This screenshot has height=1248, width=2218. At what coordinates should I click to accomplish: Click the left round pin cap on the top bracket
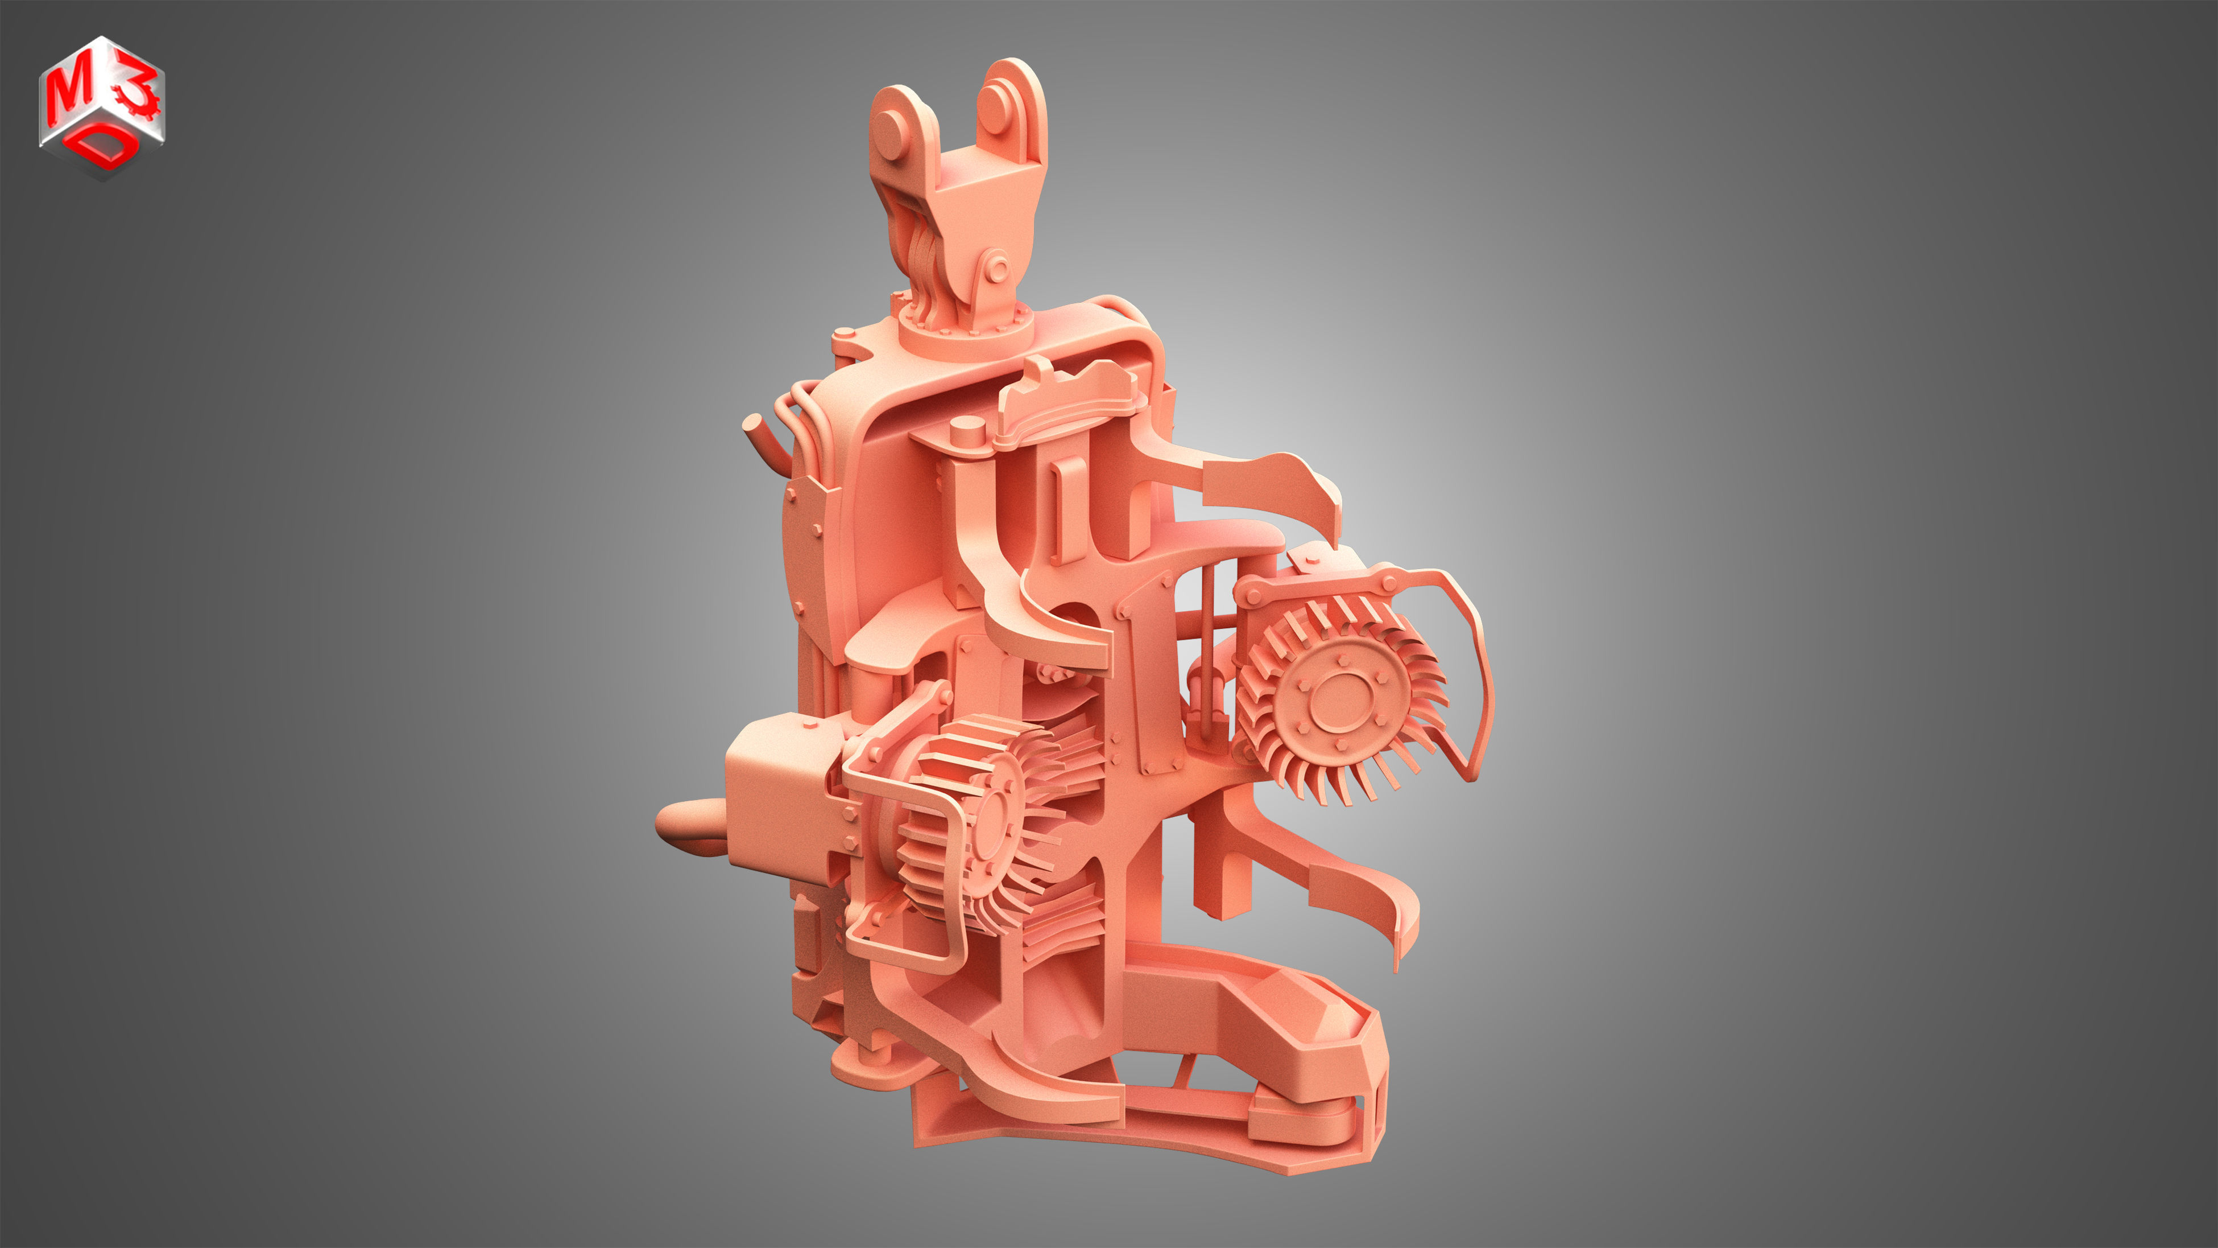click(x=892, y=129)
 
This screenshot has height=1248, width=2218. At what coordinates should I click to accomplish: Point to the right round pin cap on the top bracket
click(x=995, y=107)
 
